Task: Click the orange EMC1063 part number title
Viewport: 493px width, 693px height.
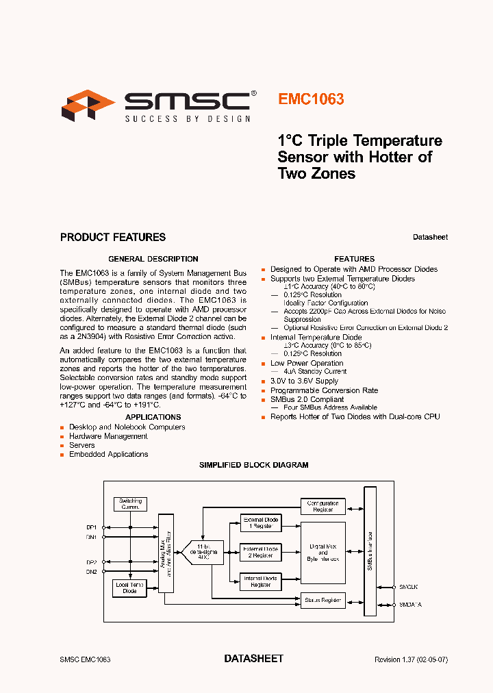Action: [311, 99]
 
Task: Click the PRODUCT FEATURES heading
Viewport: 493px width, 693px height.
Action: [113, 238]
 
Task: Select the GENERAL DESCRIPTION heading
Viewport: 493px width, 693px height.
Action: [153, 259]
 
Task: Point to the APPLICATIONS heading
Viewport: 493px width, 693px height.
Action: [153, 417]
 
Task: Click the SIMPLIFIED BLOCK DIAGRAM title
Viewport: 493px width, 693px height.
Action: [253, 465]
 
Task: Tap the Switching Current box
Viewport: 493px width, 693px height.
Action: [130, 504]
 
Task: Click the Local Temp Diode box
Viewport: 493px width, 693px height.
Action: [129, 588]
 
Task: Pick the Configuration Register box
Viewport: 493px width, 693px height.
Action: [323, 507]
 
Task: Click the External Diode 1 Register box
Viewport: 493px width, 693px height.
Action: [260, 522]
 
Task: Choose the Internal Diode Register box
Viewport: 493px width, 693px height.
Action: [260, 582]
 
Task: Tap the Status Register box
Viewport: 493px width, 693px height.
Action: [323, 601]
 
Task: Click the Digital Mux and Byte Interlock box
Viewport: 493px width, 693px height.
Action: [323, 553]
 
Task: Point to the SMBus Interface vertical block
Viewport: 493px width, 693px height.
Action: [370, 551]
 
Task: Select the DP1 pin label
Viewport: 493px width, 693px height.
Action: [91, 527]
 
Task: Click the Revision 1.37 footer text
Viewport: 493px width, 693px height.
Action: [411, 659]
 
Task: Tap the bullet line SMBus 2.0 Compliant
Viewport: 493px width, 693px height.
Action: [307, 399]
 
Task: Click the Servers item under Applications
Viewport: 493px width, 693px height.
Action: [82, 445]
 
